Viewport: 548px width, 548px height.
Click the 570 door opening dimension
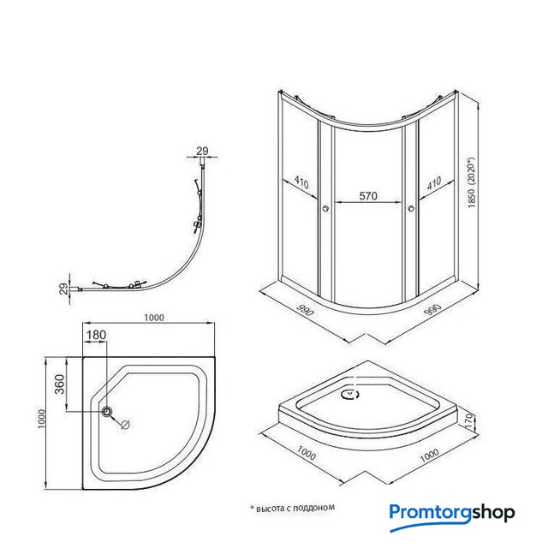click(368, 196)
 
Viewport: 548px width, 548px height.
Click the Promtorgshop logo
click(452, 514)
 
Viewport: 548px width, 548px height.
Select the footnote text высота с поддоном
click(291, 507)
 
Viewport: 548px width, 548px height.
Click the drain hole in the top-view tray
click(107, 413)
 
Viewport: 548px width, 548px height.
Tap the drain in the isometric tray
click(348, 395)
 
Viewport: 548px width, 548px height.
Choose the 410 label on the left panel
click(301, 182)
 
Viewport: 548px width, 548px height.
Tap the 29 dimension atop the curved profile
click(202, 151)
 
